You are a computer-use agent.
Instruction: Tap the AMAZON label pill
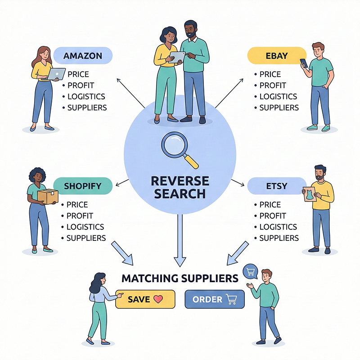[83, 56]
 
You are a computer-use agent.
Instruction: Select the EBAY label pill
[274, 56]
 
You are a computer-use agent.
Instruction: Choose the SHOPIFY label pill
[82, 186]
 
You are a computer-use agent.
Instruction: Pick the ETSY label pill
[274, 186]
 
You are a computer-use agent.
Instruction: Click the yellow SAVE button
[144, 299]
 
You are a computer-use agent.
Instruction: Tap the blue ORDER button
[214, 299]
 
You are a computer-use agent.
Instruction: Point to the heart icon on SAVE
[157, 299]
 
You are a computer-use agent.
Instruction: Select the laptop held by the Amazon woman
[57, 74]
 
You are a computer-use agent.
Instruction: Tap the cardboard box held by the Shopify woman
[48, 196]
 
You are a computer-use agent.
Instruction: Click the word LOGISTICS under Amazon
[86, 96]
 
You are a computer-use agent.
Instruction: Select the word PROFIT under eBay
[273, 85]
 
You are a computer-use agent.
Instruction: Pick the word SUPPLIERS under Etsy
[279, 238]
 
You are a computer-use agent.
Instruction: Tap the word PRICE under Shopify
[77, 205]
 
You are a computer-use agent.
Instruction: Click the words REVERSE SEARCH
[180, 187]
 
